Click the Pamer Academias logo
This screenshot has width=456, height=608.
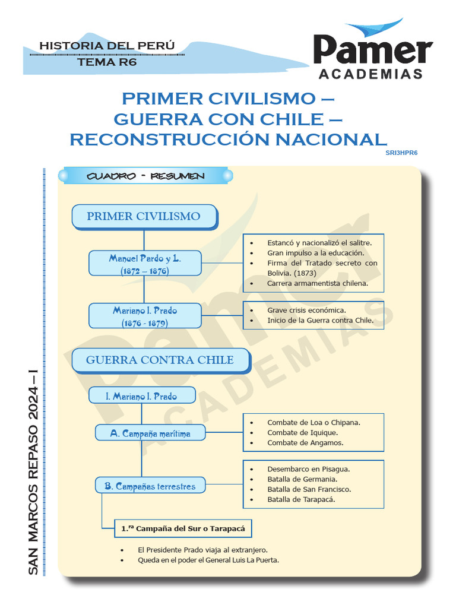click(373, 52)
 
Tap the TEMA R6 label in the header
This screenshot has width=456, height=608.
click(107, 62)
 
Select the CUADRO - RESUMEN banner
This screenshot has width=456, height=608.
click(145, 176)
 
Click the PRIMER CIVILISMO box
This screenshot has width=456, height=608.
click(144, 216)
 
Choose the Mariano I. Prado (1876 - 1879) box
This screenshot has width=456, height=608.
click(145, 316)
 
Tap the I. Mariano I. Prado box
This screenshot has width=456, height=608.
click(141, 396)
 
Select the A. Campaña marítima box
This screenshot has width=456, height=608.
click(150, 433)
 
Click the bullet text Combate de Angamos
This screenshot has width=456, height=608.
click(305, 442)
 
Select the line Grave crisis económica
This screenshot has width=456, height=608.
click(306, 310)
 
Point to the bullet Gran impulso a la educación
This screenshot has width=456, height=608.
click(315, 253)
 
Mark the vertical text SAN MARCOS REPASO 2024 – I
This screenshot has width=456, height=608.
click(33, 472)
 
